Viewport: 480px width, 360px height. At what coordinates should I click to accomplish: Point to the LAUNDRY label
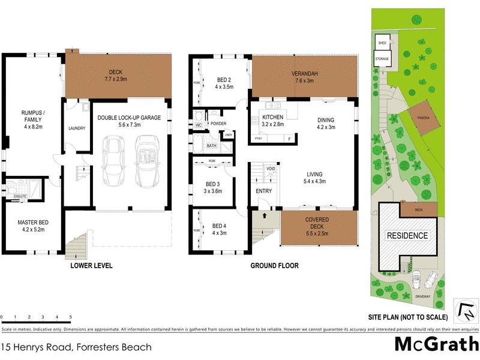[77, 128]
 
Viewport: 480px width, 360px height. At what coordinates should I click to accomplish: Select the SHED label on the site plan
[382, 43]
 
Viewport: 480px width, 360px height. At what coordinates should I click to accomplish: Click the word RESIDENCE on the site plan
[406, 235]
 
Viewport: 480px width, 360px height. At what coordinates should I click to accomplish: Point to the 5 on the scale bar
[71, 316]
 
